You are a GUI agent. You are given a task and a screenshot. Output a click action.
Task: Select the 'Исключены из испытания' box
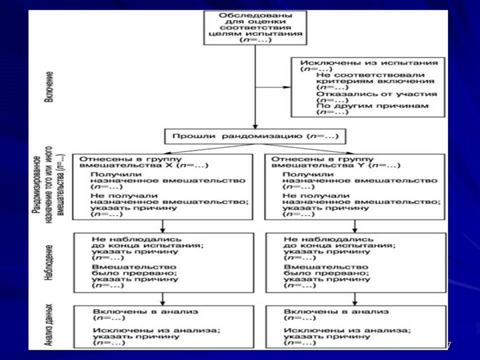[x=368, y=87]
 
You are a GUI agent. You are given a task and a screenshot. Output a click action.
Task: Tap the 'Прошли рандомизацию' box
[x=255, y=137]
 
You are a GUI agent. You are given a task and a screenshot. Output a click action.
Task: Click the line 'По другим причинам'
[x=377, y=106]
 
